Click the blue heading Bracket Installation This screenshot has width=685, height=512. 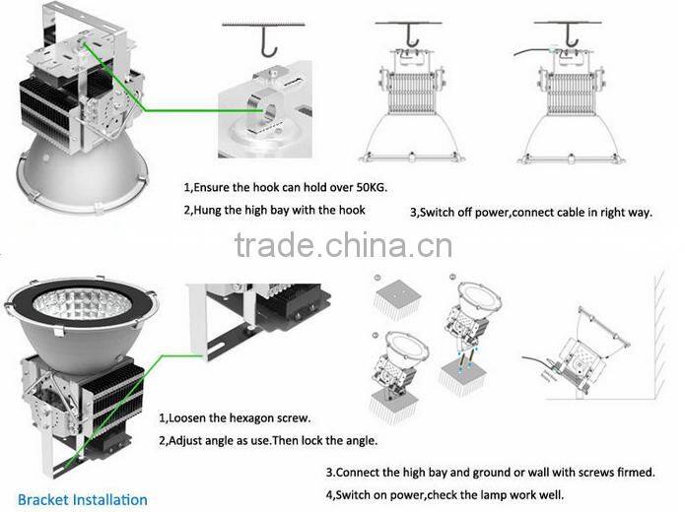[x=82, y=499]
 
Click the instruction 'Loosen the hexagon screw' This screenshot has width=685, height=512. [x=235, y=418]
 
